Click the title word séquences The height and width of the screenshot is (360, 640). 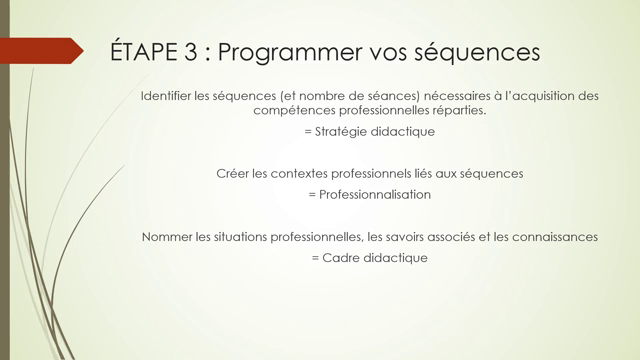tap(478, 51)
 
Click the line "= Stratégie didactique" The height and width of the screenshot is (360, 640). tap(370, 131)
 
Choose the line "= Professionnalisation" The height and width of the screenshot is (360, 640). tap(370, 194)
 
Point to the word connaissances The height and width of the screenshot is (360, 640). tap(555, 237)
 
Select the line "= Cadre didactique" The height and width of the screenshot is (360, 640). tap(370, 257)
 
